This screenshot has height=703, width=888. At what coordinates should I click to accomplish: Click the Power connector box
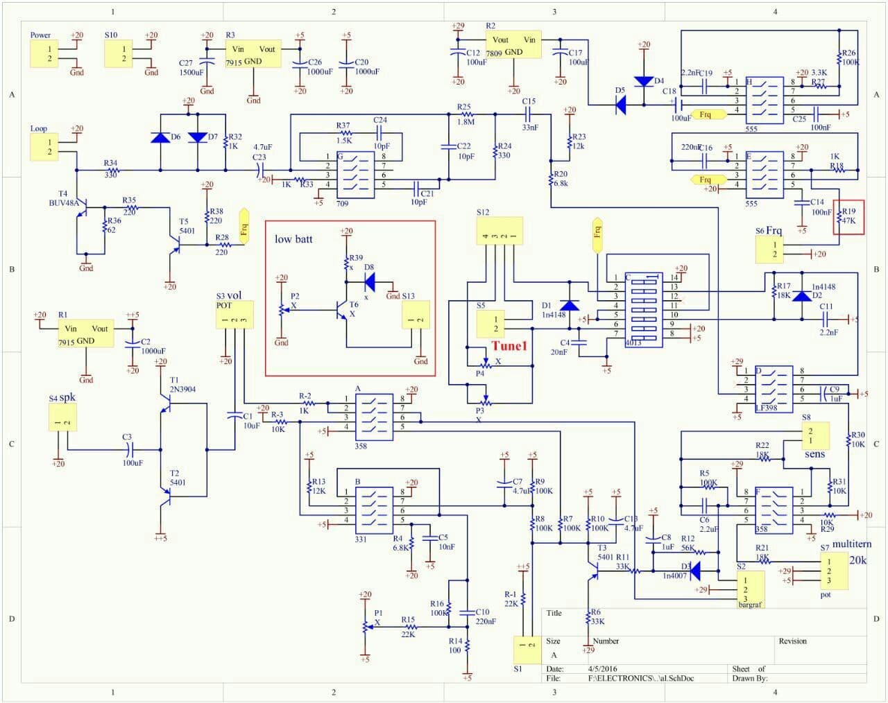tap(44, 53)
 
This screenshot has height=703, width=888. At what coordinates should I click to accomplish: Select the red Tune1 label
tap(510, 345)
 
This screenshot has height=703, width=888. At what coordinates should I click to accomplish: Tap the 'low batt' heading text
tap(293, 239)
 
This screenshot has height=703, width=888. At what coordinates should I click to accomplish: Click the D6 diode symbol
tap(160, 137)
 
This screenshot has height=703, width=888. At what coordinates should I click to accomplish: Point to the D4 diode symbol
tap(644, 81)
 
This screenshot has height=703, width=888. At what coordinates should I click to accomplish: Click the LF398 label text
tap(767, 408)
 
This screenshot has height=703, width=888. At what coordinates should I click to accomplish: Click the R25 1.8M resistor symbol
tap(466, 114)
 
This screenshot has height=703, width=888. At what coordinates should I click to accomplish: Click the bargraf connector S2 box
tap(750, 589)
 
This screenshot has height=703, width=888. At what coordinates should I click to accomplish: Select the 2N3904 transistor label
tap(182, 389)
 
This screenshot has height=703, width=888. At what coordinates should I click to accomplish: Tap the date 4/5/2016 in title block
tap(602, 669)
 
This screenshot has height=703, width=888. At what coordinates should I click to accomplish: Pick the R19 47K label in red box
tap(848, 216)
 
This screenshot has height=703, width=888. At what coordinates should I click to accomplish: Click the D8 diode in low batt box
tap(370, 281)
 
